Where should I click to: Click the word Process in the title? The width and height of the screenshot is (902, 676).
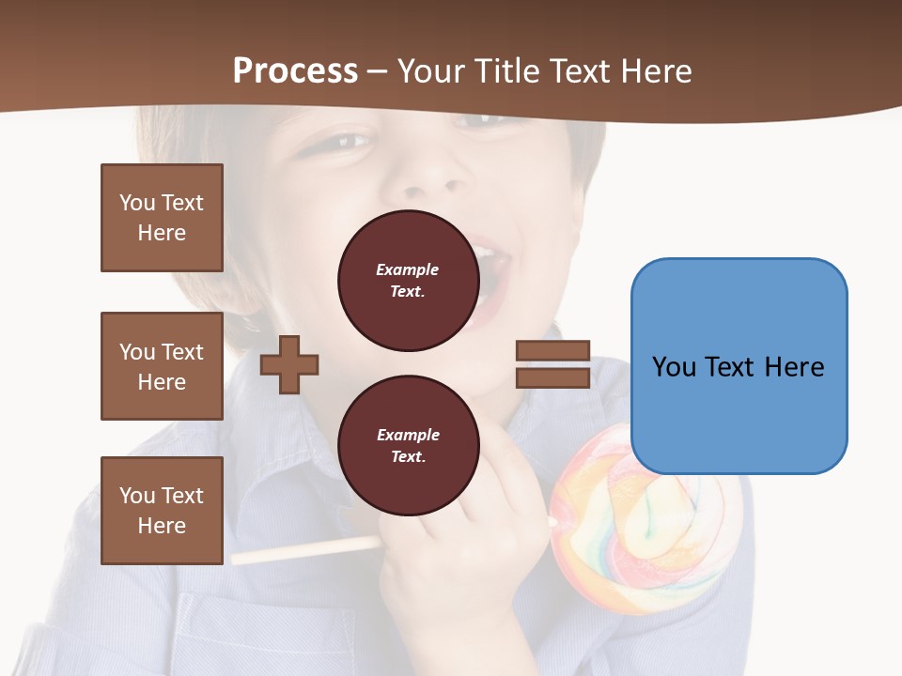(x=295, y=71)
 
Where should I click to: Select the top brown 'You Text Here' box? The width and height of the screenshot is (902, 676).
(x=162, y=218)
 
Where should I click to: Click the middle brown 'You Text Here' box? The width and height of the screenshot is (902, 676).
(x=162, y=366)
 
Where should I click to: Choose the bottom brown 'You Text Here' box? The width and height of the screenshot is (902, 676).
(x=162, y=511)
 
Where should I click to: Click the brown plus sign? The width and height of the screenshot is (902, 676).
(x=289, y=364)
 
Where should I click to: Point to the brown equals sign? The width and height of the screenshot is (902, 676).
(x=552, y=364)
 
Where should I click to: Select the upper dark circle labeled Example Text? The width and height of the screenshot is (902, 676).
(x=408, y=281)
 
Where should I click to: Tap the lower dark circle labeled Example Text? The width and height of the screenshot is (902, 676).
(x=408, y=446)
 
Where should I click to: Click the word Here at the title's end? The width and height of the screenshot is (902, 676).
(x=658, y=71)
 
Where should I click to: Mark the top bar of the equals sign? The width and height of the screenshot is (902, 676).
(x=552, y=351)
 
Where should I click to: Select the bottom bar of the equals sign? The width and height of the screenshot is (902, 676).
(x=552, y=377)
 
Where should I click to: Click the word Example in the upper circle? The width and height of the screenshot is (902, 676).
(x=408, y=270)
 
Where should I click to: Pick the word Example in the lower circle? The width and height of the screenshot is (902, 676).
(x=408, y=436)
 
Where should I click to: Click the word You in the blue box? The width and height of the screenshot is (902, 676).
(x=675, y=367)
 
